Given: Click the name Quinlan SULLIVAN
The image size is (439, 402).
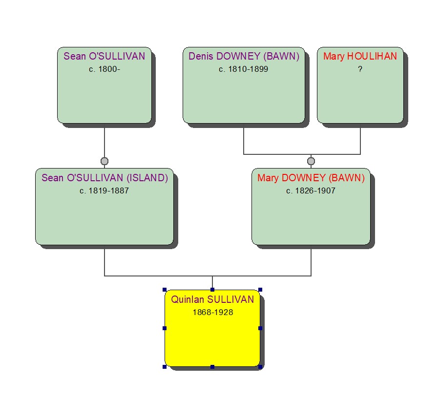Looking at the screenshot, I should (x=212, y=299).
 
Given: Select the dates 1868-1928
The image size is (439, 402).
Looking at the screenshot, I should (x=212, y=312).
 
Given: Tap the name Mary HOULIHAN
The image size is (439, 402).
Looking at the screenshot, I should (x=360, y=56).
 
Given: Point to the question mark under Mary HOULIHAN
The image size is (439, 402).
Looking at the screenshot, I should (x=360, y=69).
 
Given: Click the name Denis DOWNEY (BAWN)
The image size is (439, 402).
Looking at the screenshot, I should (x=244, y=56).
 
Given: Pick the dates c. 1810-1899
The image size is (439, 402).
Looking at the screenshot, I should (x=243, y=69).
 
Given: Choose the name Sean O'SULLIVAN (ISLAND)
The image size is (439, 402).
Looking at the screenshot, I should (x=105, y=178).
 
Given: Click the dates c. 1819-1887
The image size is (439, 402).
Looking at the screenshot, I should (x=104, y=190).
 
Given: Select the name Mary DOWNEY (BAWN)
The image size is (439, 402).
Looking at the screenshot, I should (x=311, y=178).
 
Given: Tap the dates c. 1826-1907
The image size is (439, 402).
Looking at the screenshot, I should (x=311, y=190).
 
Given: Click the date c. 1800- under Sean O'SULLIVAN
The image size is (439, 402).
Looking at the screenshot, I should (x=104, y=69).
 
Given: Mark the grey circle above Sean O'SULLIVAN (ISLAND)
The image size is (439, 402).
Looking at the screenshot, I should (x=105, y=161).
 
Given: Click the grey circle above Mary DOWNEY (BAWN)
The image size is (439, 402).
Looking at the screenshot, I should (x=311, y=161).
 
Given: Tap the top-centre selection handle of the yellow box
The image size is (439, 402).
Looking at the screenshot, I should (x=212, y=290).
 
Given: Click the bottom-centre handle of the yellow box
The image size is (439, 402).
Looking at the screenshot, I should (x=212, y=366).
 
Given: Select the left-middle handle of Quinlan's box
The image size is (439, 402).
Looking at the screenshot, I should (x=165, y=328).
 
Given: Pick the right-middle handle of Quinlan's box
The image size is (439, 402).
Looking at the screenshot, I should (x=260, y=328).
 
